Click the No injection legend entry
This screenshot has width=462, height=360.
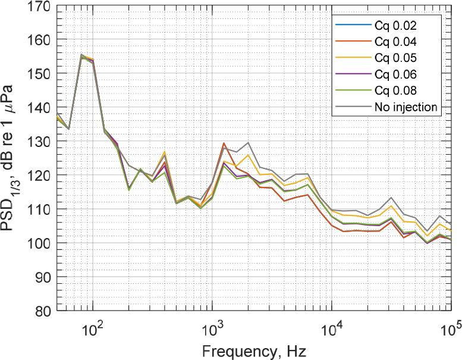(406, 107)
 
